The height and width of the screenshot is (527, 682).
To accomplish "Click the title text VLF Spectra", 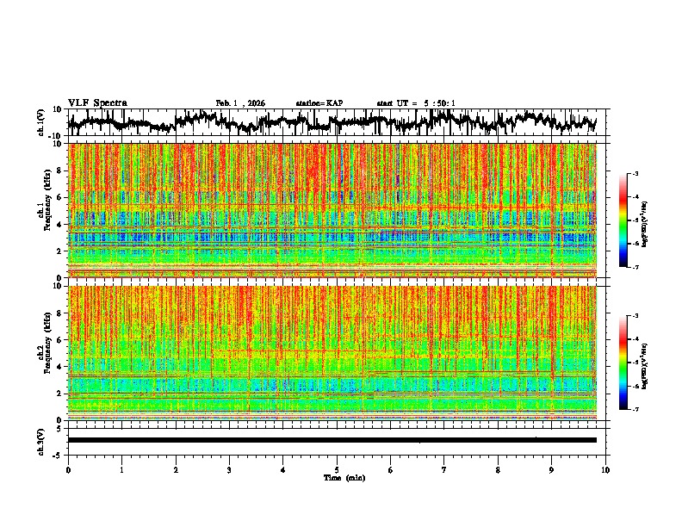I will (x=97, y=102).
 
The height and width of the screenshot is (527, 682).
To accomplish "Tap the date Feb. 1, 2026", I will (x=240, y=103).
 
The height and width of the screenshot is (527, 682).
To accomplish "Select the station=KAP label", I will (x=319, y=103).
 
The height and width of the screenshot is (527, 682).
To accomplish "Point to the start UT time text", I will (x=416, y=103).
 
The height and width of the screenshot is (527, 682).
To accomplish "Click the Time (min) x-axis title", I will (x=337, y=477).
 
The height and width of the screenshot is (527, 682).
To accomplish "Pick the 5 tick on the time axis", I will (x=337, y=469).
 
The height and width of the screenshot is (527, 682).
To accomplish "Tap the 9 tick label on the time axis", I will (x=552, y=469).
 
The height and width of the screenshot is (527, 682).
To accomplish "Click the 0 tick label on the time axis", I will (x=68, y=469).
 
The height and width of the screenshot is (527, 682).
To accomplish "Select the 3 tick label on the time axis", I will (x=229, y=469).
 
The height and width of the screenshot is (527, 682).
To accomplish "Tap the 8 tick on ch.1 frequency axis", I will (x=59, y=170).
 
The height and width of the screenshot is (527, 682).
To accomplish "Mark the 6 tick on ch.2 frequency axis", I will (x=59, y=339).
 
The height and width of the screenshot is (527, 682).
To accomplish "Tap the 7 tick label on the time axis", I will (x=444, y=469).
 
